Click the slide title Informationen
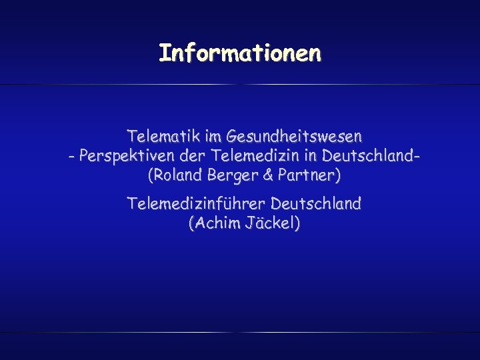pos(240,53)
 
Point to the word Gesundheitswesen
pos(295,137)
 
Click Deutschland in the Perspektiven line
pos(370,157)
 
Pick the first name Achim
pos(214,223)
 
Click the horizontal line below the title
pos(240,85)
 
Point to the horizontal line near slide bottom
pos(240,332)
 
